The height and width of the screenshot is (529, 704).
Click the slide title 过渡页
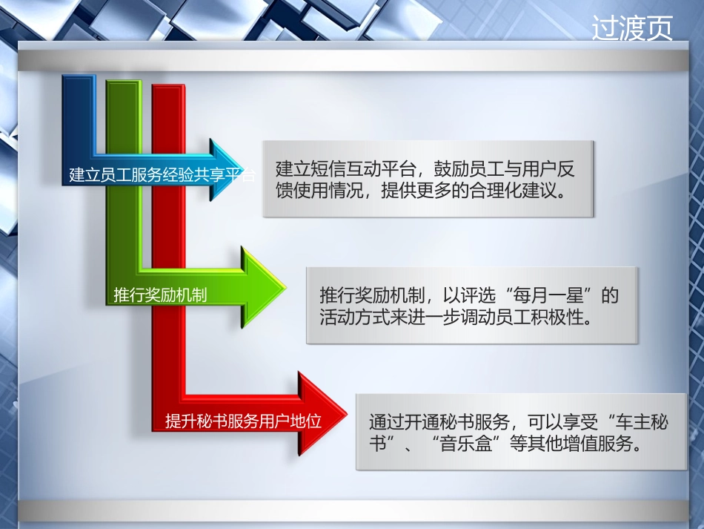pos(632,28)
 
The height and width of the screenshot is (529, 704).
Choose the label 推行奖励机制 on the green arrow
pos(160,295)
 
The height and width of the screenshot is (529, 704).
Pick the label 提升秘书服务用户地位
pos(243,421)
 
